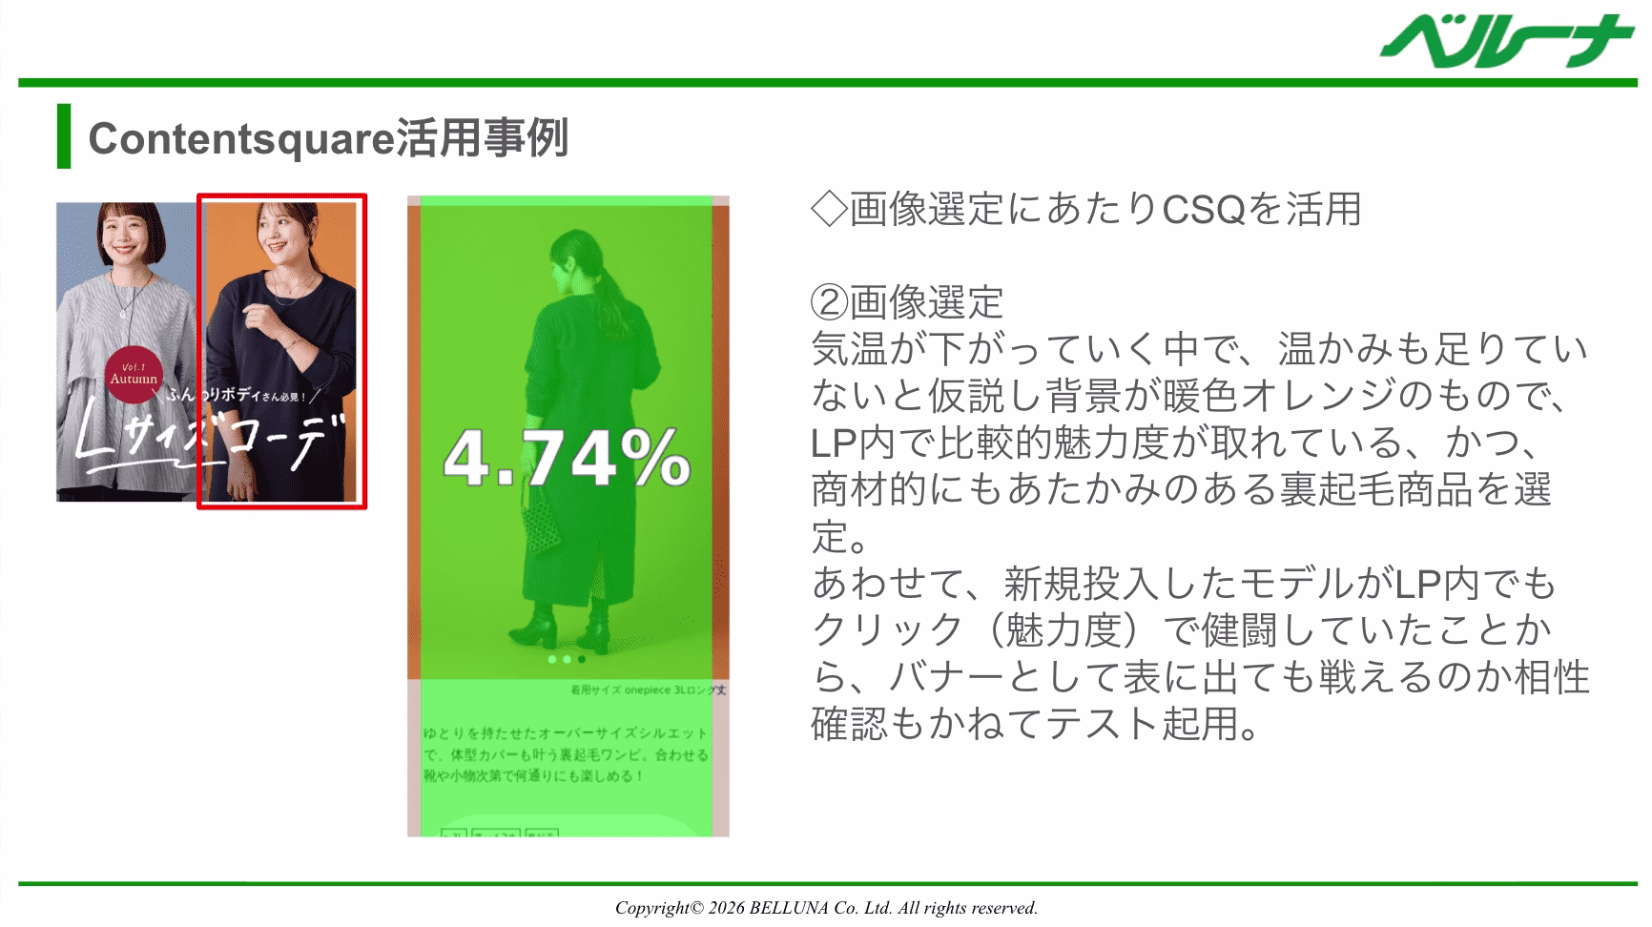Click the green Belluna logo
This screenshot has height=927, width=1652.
click(1507, 43)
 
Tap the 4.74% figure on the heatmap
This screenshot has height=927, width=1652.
click(567, 459)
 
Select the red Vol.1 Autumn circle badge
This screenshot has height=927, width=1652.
click(134, 375)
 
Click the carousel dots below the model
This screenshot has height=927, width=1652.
click(567, 659)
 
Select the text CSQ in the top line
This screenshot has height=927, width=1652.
click(1204, 209)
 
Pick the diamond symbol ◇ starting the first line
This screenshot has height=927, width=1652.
click(828, 209)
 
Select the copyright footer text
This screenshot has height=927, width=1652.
click(826, 908)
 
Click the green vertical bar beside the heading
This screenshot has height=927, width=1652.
click(64, 136)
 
